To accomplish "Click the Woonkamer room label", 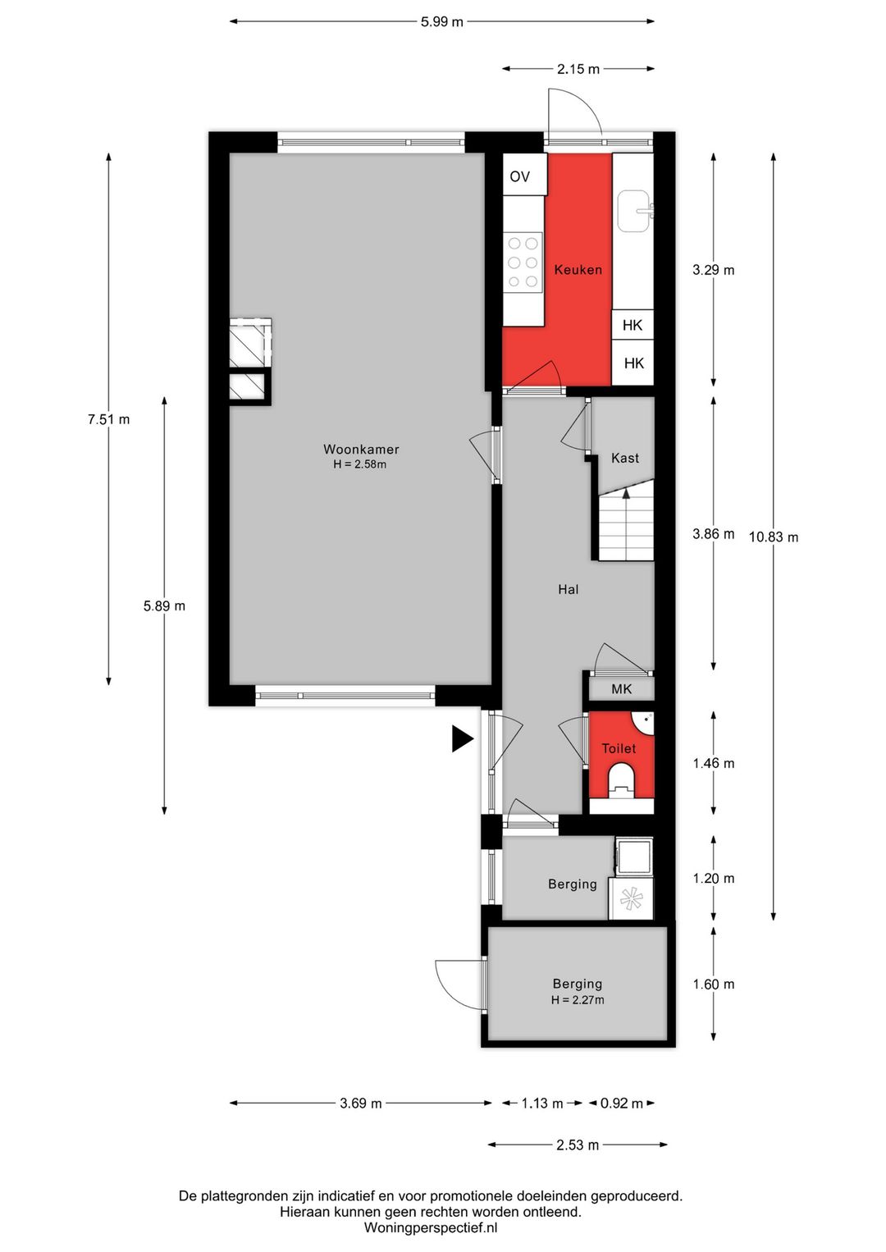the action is tap(361, 449).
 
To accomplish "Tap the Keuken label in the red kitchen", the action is tap(578, 270).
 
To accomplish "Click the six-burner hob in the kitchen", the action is tap(523, 263).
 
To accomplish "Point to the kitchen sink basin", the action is tap(635, 212).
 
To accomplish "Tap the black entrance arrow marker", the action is tap(463, 739).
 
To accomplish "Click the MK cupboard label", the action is tap(622, 688).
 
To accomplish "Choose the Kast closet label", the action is tap(625, 459).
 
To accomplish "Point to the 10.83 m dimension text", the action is tap(774, 537).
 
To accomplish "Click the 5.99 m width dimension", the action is tap(442, 22).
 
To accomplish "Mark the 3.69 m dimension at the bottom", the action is tap(361, 1103).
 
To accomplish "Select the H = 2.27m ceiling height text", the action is tap(578, 1000).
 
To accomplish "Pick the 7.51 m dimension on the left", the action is tap(108, 419).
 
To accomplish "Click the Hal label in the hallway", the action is tap(568, 589).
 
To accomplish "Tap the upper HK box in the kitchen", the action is tap(633, 325).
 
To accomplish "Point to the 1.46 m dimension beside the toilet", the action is tap(714, 764).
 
